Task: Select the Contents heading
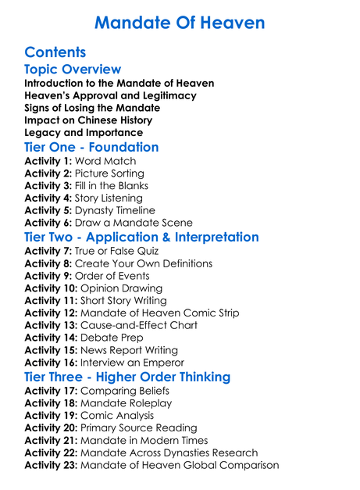[x=55, y=53]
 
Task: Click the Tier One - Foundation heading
[x=91, y=147]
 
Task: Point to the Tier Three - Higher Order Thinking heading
[x=127, y=377]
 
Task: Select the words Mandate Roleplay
[x=127, y=402]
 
